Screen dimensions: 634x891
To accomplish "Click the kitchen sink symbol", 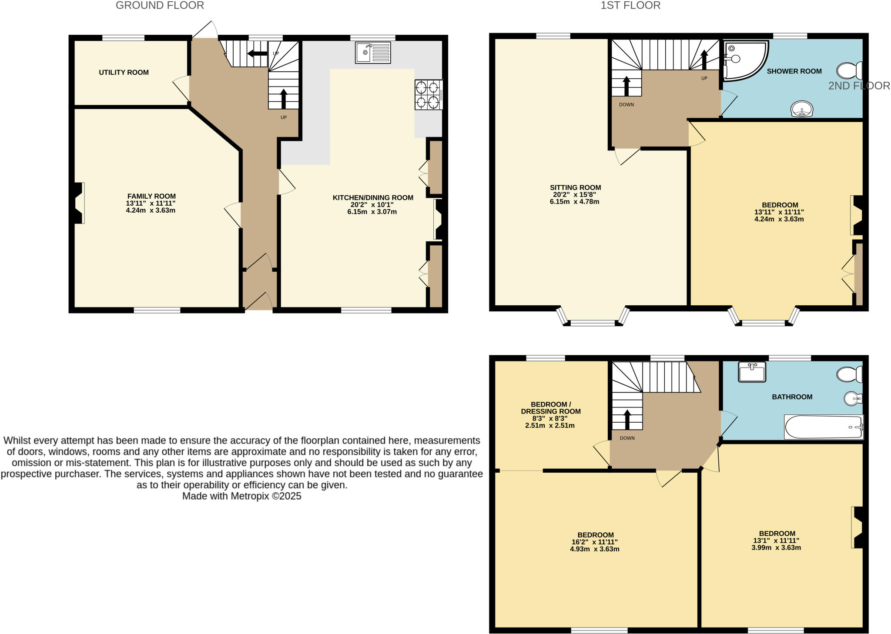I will tap(373, 53).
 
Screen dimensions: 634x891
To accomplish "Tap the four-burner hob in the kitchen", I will tap(428, 95).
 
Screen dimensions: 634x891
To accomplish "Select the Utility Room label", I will tap(124, 73).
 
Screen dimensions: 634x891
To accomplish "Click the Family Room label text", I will tap(151, 197).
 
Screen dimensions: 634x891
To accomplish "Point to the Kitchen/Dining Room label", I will tap(373, 198).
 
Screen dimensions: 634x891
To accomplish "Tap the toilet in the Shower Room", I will tap(849, 71).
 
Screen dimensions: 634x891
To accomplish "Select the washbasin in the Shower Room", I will tap(802, 109).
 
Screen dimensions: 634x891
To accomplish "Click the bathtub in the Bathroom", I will tap(823, 427).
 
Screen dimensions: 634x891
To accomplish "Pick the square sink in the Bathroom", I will tap(752, 372).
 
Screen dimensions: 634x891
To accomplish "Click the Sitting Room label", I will tap(575, 188).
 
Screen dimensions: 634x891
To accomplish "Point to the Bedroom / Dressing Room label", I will tap(550, 408).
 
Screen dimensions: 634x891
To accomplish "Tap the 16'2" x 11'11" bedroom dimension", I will tap(595, 542).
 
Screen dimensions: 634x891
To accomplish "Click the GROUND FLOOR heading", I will tap(160, 6).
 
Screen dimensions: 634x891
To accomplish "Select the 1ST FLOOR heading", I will tap(630, 6).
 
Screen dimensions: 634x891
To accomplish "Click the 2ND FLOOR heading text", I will tap(859, 86).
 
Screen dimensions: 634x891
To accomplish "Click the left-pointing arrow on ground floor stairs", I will tap(257, 53).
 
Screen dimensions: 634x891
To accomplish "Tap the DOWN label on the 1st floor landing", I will tap(626, 105).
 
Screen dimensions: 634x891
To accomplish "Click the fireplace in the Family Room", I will tap(79, 203).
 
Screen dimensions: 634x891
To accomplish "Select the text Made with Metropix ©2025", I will tap(241, 496).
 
